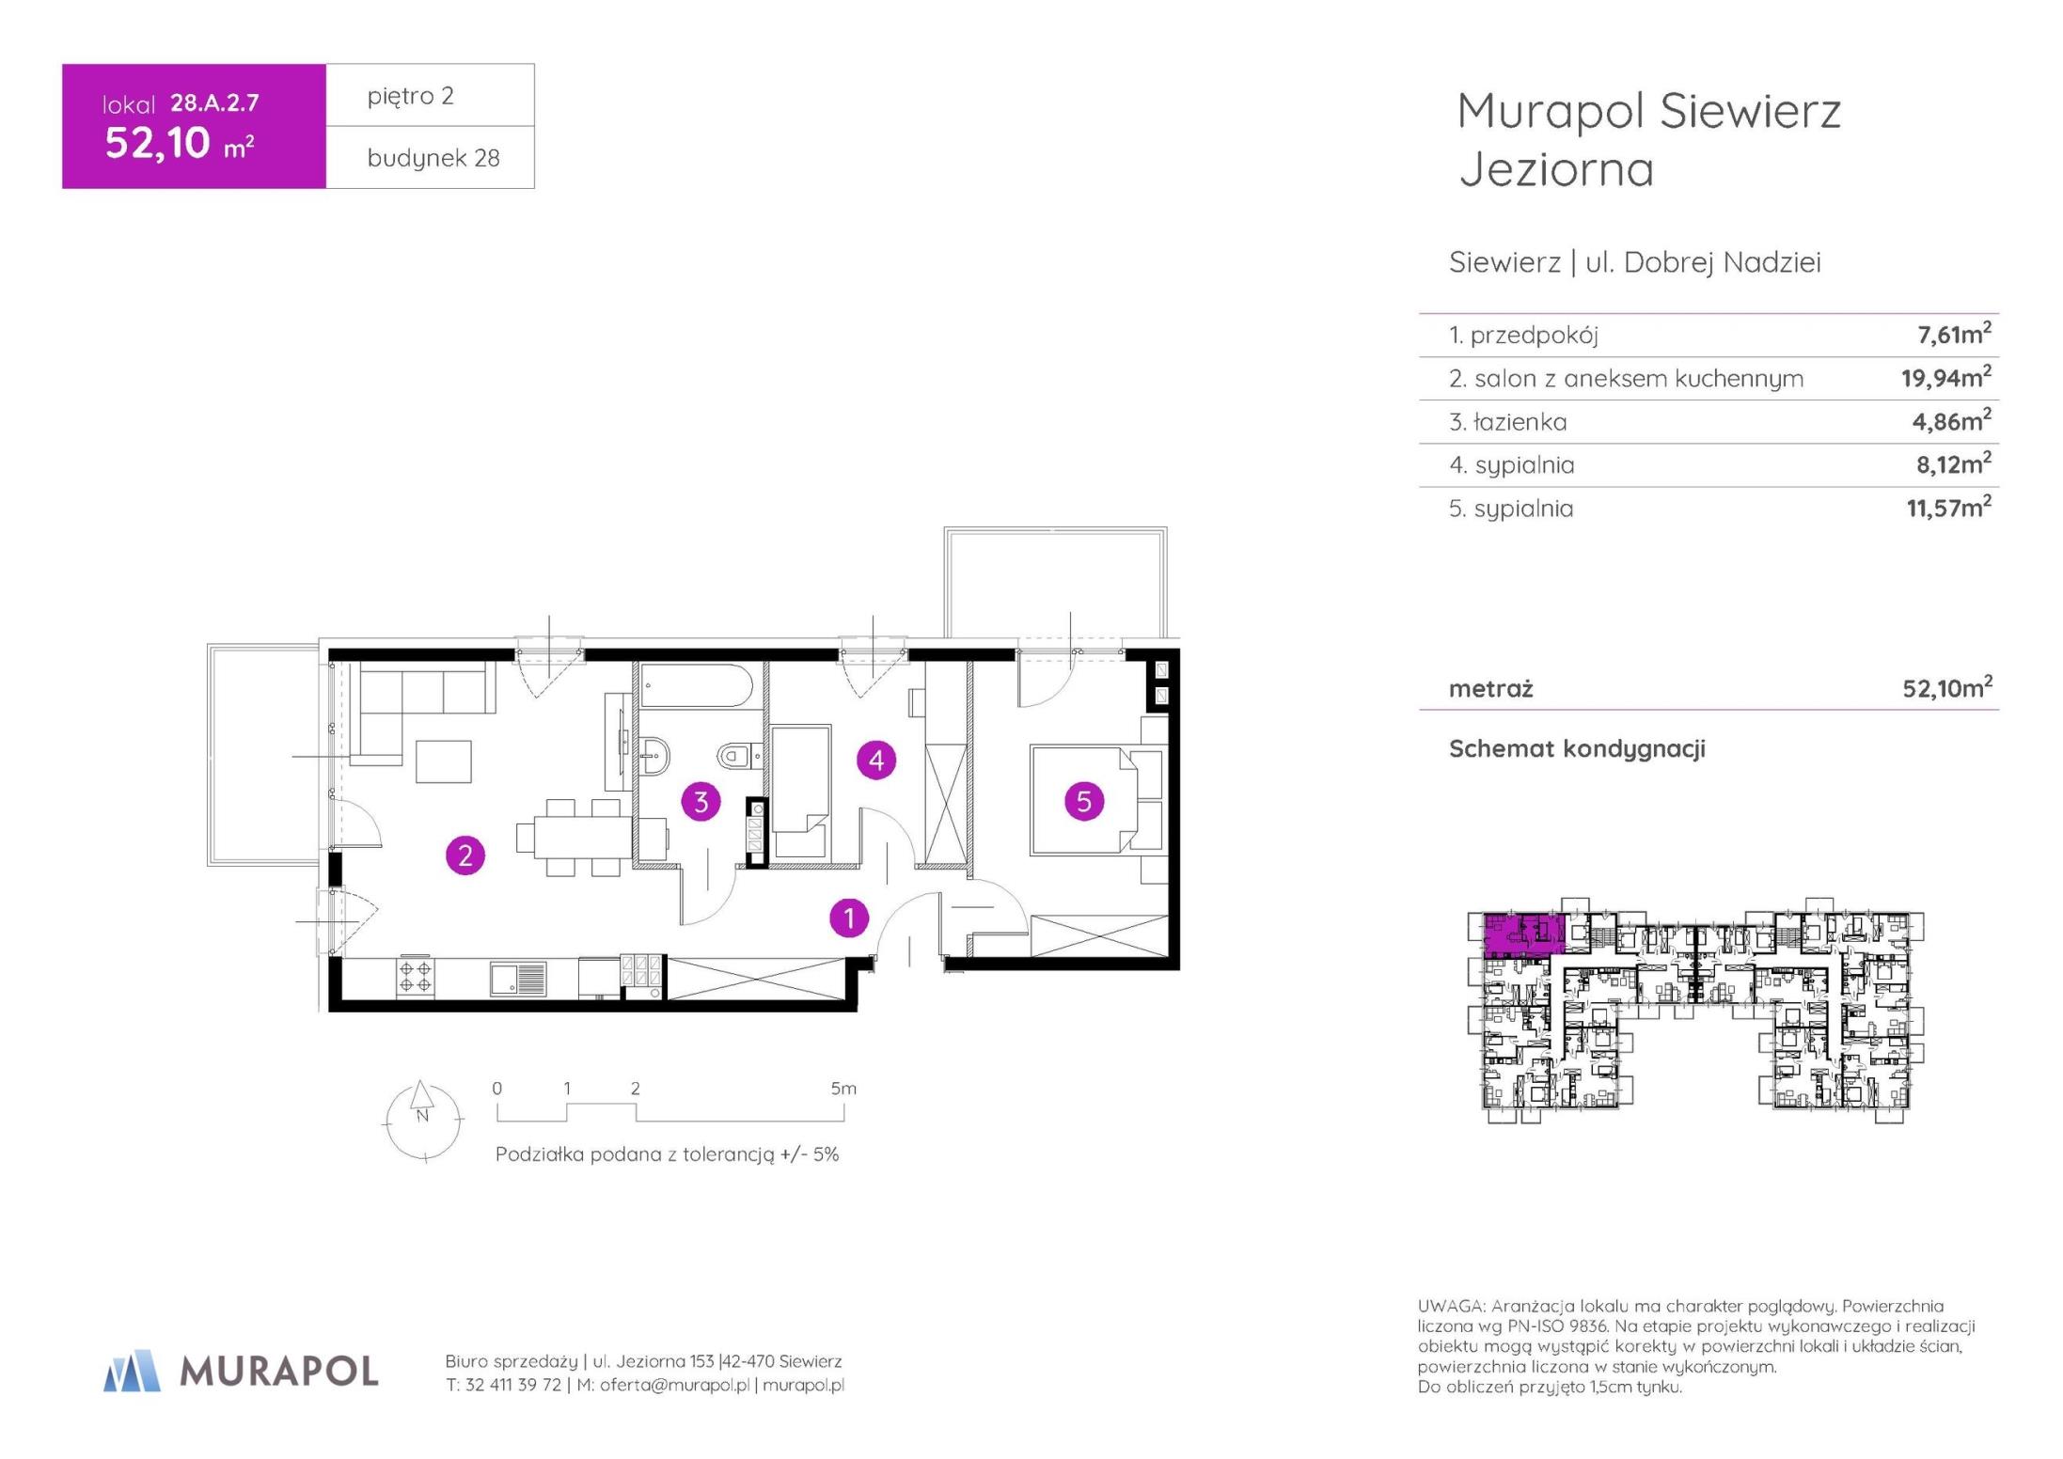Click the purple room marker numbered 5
pyautogui.click(x=1083, y=801)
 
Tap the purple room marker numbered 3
pyautogui.click(x=701, y=802)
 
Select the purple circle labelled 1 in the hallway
pyautogui.click(x=849, y=918)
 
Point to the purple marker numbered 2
pyautogui.click(x=465, y=855)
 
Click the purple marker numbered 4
pyautogui.click(x=876, y=760)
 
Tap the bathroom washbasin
pyautogui.click(x=654, y=755)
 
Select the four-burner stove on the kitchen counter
pyautogui.click(x=416, y=977)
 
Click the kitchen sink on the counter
pyautogui.click(x=517, y=978)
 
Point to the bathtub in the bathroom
pyautogui.click(x=697, y=686)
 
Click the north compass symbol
pyautogui.click(x=423, y=1120)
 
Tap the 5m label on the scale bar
pyautogui.click(x=843, y=1089)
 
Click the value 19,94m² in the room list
pyautogui.click(x=1945, y=377)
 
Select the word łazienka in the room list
pyautogui.click(x=1520, y=422)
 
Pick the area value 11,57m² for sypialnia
pyautogui.click(x=1948, y=508)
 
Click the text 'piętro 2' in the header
pyautogui.click(x=411, y=96)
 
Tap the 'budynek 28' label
pyautogui.click(x=433, y=158)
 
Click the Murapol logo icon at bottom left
pyautogui.click(x=132, y=1371)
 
